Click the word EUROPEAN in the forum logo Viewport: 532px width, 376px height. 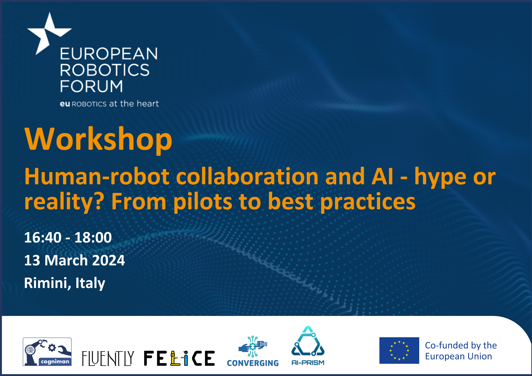click(x=109, y=54)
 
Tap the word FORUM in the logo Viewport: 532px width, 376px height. click(x=92, y=86)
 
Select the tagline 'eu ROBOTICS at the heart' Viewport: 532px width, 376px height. click(x=109, y=103)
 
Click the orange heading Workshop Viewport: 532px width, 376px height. click(x=98, y=139)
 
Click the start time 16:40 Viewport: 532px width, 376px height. click(x=43, y=237)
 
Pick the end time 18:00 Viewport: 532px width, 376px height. click(x=93, y=237)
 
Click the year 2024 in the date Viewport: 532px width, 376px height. click(x=109, y=260)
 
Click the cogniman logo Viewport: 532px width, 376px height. click(x=47, y=352)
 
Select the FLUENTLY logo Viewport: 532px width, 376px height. click(x=108, y=358)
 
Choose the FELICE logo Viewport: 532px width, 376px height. click(x=179, y=358)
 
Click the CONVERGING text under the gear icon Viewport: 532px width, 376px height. click(x=253, y=363)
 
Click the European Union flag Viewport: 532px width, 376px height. click(x=399, y=350)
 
